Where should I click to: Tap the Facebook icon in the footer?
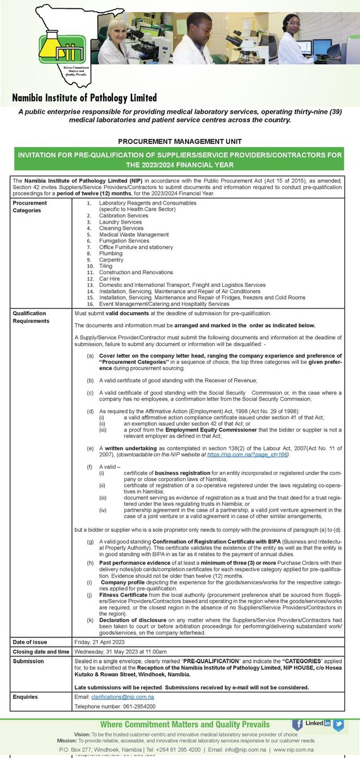(x=297, y=724)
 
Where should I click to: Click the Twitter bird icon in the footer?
(x=339, y=724)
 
